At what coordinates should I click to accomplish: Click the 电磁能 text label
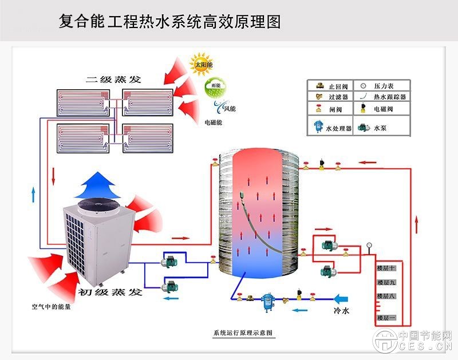click(x=214, y=122)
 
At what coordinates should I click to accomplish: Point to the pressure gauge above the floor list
click(x=369, y=247)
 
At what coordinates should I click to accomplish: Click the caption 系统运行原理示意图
click(x=242, y=333)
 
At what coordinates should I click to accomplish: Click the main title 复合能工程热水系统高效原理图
click(x=170, y=22)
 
